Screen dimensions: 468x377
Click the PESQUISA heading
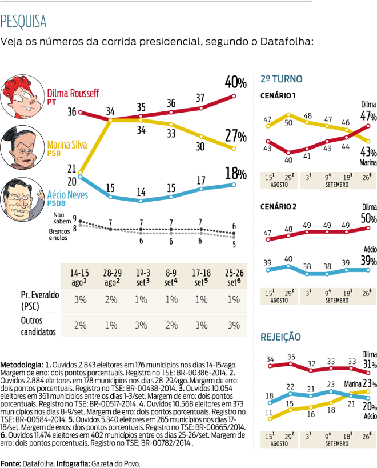click(24, 22)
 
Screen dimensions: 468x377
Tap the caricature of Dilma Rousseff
click(22, 98)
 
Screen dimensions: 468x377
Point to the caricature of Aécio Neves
click(22, 198)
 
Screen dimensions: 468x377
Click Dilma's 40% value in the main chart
click(235, 81)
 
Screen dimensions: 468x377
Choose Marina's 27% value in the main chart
click(235, 137)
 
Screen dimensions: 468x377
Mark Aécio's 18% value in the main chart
click(235, 174)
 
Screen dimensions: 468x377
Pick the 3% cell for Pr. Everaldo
click(79, 299)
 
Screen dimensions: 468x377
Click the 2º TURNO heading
click(281, 79)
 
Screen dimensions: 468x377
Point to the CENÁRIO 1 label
click(278, 95)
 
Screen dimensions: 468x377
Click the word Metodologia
click(21, 364)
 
